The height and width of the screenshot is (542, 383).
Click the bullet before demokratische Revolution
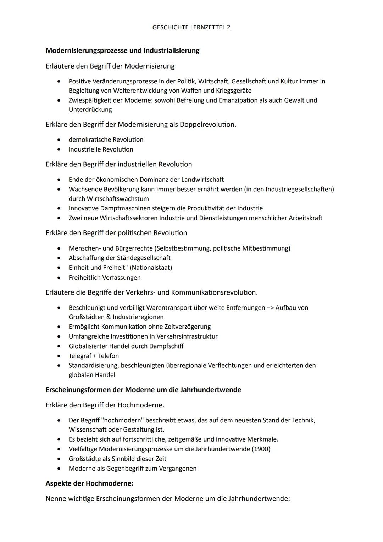click(x=59, y=140)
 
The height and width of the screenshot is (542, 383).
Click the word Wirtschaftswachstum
click(x=118, y=199)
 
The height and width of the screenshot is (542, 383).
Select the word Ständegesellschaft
click(x=143, y=258)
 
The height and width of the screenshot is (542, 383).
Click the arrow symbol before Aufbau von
click(x=270, y=308)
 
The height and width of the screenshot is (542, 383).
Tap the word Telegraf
click(x=80, y=356)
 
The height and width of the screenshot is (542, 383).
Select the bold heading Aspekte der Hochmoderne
click(x=89, y=483)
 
